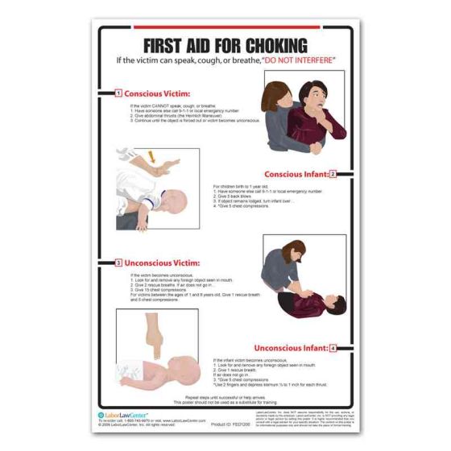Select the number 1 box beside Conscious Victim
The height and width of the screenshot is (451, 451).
coord(118,93)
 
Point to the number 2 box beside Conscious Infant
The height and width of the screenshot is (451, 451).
coord(332,173)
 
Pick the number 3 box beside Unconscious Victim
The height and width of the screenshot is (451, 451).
coord(118,263)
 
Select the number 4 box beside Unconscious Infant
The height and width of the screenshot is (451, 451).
coord(333,348)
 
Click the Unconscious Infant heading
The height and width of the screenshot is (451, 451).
coord(292,348)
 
